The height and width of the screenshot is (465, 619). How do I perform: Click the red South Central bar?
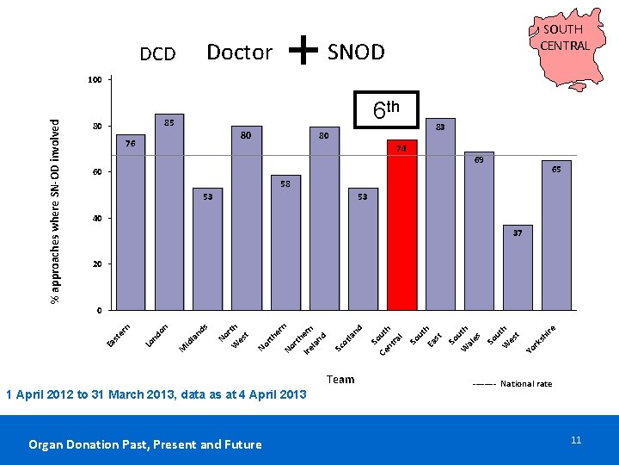coord(401,225)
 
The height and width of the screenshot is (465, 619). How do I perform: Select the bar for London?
coord(169,212)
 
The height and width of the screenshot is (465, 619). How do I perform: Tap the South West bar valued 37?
coord(518,268)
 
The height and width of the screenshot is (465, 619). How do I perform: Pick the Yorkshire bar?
coord(556,235)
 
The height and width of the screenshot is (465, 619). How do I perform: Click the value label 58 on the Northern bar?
coord(285,184)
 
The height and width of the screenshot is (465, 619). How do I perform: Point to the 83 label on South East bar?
coord(440,127)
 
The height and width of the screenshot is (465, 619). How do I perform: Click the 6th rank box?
coord(386,109)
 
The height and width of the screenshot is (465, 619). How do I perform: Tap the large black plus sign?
coord(303,50)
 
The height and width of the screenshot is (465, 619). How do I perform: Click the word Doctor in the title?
coord(240,53)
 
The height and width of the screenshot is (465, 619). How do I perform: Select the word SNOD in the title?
coord(356,52)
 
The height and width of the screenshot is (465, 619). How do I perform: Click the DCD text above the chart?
coord(157,54)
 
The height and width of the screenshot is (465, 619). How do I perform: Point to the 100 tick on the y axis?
coord(95,80)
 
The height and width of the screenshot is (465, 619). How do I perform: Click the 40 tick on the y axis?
coord(97,218)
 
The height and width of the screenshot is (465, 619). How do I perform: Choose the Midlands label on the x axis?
coord(193,338)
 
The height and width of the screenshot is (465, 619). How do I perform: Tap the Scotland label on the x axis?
coord(348,338)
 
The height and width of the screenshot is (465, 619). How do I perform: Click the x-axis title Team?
coord(340,380)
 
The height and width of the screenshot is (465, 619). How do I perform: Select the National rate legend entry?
coord(512,383)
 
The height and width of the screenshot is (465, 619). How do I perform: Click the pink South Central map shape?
coord(567,48)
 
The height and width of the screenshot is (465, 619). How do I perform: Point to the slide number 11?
coord(576,440)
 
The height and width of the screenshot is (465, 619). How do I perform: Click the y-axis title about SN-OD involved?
coord(55,211)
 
